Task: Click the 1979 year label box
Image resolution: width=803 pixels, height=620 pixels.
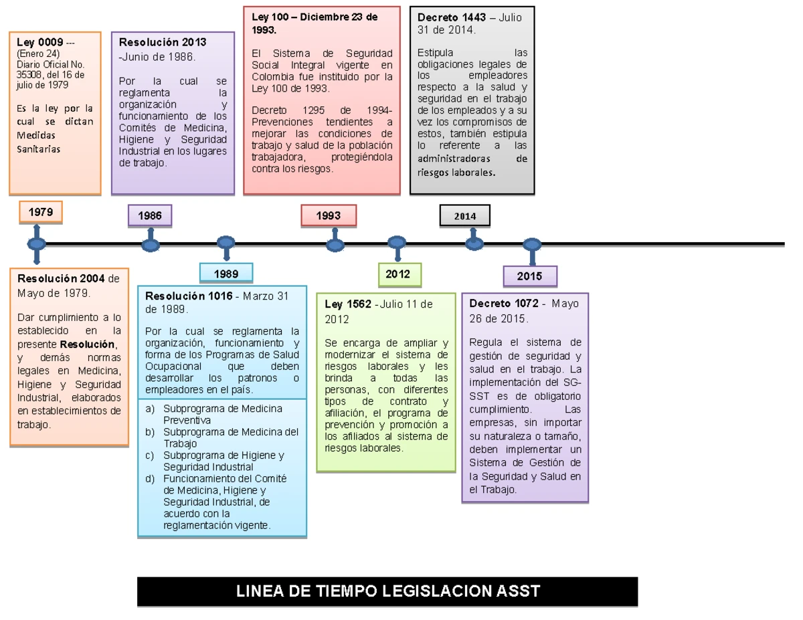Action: point(41,212)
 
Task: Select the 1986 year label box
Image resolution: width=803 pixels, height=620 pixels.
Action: point(150,215)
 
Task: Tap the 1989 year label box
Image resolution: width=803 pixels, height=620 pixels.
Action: point(226,273)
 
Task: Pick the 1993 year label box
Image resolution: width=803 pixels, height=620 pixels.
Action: point(328,215)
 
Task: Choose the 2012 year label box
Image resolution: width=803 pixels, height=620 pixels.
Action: point(398,273)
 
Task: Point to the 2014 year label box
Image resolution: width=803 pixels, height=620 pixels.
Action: point(464,216)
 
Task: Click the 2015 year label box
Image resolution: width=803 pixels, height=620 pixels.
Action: point(529,276)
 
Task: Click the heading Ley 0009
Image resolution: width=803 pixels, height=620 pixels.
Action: point(40,42)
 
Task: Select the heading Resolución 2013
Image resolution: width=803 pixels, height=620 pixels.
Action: point(163,42)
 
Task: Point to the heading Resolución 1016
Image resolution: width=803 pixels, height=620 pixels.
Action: point(189,296)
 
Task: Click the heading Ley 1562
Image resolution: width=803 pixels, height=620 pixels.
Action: point(348,304)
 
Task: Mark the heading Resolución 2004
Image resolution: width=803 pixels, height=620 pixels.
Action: point(61,279)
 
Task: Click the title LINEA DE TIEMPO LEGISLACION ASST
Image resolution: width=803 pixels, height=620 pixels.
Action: point(387,591)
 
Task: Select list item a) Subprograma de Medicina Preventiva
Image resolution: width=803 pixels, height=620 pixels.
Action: point(214,414)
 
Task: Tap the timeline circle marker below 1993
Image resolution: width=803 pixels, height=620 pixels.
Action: point(335,245)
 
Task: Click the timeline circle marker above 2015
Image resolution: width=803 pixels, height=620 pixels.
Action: point(531,245)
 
